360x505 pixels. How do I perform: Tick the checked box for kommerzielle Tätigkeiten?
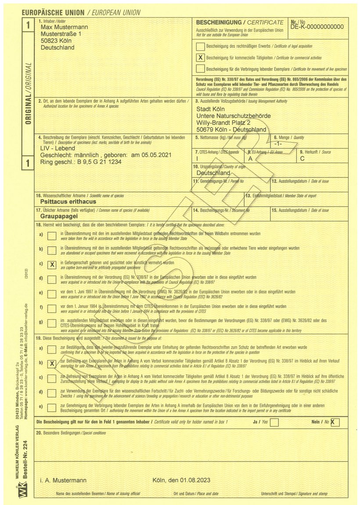[200, 57]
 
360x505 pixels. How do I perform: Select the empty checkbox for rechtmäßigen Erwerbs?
[200, 46]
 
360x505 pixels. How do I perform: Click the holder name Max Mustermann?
[64, 27]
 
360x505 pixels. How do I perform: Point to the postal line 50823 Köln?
[58, 41]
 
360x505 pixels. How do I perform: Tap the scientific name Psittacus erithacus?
[68, 201]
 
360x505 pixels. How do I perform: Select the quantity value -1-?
[277, 143]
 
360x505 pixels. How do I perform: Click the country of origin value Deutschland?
[213, 173]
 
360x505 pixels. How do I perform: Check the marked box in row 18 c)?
[52, 265]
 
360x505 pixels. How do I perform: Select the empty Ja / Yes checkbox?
[274, 423]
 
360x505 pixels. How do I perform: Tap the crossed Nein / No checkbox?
[335, 423]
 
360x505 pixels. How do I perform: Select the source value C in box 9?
[302, 158]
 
